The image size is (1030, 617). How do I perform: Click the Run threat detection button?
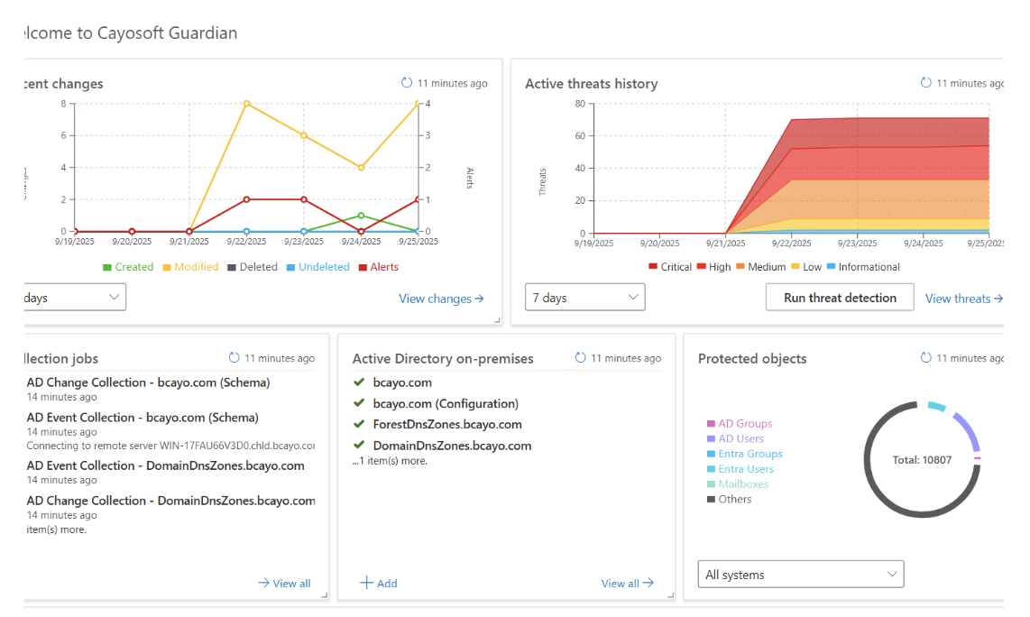coord(840,298)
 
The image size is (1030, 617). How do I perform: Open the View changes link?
coord(441,299)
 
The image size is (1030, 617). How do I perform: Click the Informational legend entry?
coord(863,267)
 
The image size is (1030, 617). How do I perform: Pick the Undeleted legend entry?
coord(317,267)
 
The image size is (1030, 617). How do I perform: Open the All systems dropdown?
coord(801,575)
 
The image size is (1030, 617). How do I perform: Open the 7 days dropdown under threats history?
coord(585,298)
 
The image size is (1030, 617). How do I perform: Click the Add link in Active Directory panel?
coord(379,584)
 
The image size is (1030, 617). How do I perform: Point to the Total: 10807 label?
coord(921,460)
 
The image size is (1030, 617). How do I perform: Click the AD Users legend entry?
coord(740,439)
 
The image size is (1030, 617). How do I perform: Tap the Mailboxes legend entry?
coord(742,484)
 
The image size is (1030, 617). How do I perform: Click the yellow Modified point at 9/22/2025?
coord(246,104)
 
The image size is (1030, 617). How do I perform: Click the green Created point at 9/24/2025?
coord(361,216)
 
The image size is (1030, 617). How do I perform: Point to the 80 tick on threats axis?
coord(580,104)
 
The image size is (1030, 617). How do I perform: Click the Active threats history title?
coord(591,84)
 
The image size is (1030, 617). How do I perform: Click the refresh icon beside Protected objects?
coord(925,358)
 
